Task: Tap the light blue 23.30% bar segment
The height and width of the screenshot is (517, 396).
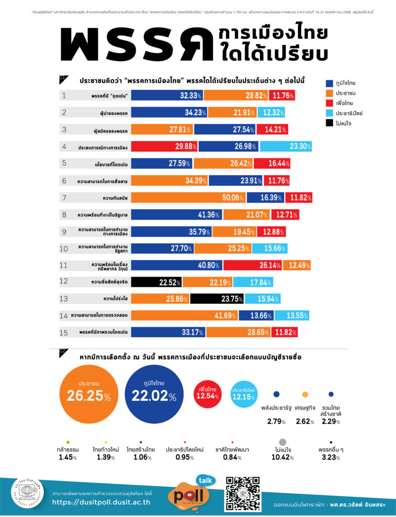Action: click(x=286, y=146)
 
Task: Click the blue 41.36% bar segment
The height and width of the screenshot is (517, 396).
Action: click(x=177, y=215)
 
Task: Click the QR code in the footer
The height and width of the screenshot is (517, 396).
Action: click(x=242, y=493)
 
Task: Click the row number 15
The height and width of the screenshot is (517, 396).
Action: click(x=64, y=332)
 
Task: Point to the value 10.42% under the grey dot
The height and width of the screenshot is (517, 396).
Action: click(x=282, y=457)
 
